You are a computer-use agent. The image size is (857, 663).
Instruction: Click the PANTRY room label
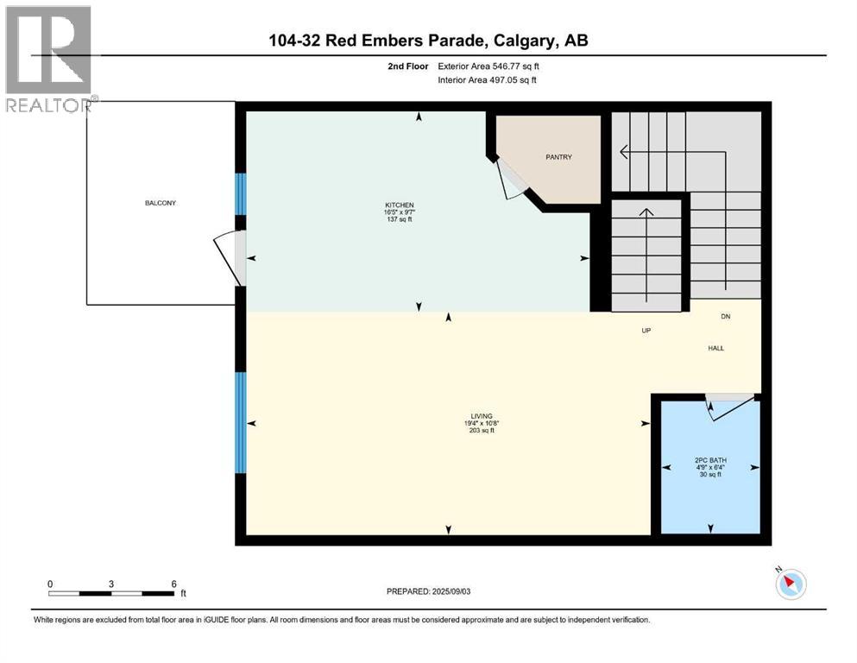coord(558,157)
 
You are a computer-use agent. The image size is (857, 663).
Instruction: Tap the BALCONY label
coord(161,203)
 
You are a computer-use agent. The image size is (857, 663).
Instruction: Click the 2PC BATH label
coord(709,460)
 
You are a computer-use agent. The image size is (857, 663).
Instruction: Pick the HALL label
coord(716,348)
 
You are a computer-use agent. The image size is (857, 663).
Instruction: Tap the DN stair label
coord(726,317)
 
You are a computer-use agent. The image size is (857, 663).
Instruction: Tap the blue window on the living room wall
coord(241,422)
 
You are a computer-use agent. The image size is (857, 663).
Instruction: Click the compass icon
coord(790,584)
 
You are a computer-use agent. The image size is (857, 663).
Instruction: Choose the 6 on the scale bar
coord(174,584)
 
